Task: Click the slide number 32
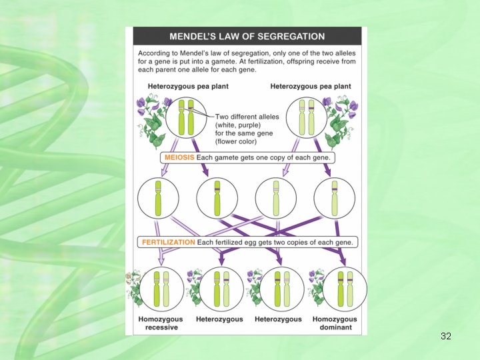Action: [x=446, y=337]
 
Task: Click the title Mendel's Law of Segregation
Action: [x=247, y=37]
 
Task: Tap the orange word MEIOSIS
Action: [x=179, y=159]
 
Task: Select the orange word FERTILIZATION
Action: [x=167, y=242]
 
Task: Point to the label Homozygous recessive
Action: [x=160, y=323]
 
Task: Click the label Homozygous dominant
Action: [x=335, y=323]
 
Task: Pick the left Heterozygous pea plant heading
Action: [x=183, y=86]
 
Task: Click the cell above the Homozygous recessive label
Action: [x=160, y=289]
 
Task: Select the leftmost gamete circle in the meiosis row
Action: [x=159, y=198]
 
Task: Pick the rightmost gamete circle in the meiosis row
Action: [x=335, y=198]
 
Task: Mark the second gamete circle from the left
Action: [x=217, y=198]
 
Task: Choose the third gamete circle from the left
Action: [x=276, y=198]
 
